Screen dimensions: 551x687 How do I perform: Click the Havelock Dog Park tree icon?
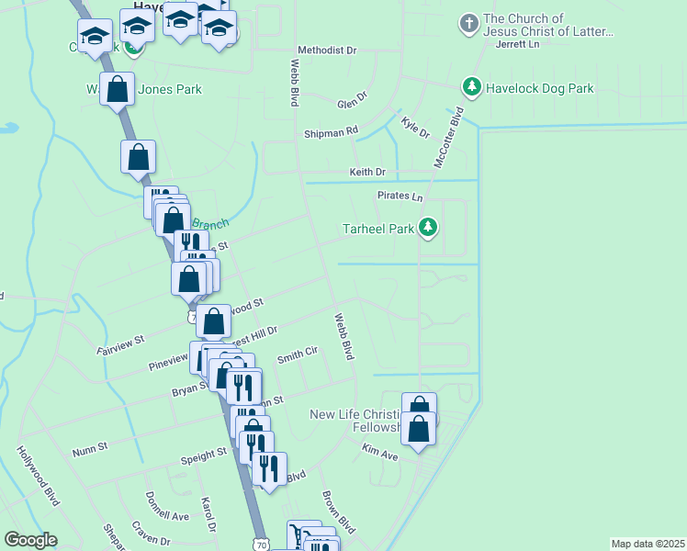coord(472,87)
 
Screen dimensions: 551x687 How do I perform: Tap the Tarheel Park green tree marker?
coord(427,227)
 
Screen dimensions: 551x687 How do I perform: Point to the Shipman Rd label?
coord(331,132)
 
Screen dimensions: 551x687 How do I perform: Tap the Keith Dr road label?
coord(367,172)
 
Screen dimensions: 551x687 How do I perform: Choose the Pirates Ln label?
coord(400,197)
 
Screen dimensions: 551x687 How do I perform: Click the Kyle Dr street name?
coord(415,128)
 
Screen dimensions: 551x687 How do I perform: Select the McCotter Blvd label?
coord(450,137)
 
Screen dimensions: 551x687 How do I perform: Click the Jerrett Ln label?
coord(516,43)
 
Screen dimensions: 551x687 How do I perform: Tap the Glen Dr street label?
coord(352,100)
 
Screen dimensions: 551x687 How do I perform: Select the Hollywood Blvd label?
coord(38,476)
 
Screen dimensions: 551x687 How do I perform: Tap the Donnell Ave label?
coord(166,506)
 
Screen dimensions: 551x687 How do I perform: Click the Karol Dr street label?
coord(208,514)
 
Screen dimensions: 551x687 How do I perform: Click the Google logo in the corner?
coord(30,539)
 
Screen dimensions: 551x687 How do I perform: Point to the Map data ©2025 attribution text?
coord(647,544)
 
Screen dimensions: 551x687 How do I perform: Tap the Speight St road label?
coord(203,454)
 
